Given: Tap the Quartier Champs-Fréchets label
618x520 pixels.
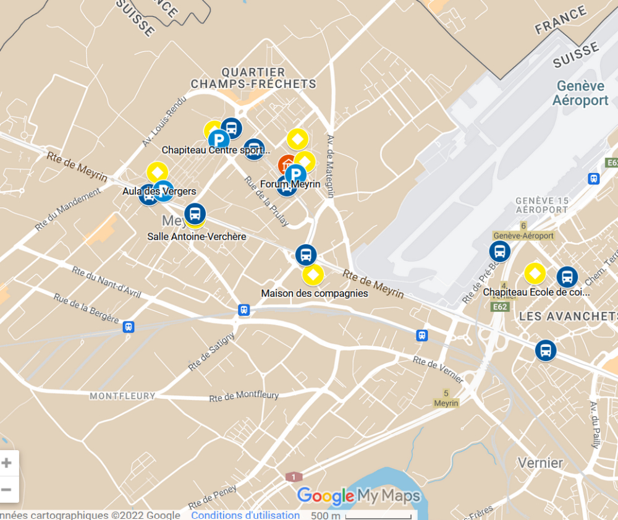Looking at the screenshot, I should coord(253,79).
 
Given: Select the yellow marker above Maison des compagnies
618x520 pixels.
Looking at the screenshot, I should coord(313,275).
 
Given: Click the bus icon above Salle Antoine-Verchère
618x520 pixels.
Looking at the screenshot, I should coord(195,214).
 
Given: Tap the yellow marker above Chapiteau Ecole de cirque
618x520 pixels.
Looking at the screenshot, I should coord(535,273).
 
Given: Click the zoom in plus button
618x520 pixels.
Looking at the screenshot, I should coord(7,463).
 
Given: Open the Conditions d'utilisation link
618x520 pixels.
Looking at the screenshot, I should coord(245,514).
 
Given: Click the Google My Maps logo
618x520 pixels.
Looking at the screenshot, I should coord(358,496).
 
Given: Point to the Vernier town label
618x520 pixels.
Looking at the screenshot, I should coord(540,462).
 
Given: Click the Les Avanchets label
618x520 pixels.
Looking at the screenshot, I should coord(568,316).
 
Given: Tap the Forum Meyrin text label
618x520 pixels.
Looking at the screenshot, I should coord(290,184).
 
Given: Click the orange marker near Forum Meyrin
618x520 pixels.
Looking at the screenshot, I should coord(286,164).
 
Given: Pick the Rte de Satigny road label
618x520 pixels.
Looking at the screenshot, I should coord(212,352).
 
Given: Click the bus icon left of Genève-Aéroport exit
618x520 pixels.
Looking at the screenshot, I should coord(499,252).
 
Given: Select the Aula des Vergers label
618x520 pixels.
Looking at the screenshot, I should coord(159,191).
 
